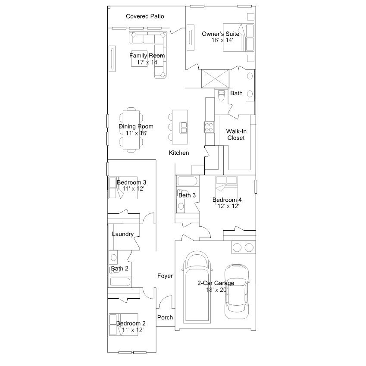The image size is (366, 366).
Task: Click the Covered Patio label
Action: click(x=145, y=16)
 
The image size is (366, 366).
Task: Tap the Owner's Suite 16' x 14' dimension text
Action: click(x=222, y=40)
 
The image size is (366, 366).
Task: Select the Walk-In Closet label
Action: click(x=236, y=135)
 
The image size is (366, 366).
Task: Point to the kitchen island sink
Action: click(x=184, y=128)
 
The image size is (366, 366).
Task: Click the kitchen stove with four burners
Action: click(x=209, y=127)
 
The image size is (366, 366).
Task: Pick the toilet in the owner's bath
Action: click(x=221, y=95)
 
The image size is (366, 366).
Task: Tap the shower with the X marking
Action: click(x=216, y=78)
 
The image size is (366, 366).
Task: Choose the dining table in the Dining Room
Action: click(x=131, y=130)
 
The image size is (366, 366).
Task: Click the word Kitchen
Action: click(x=179, y=153)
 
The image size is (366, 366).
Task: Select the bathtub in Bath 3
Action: click(x=187, y=181)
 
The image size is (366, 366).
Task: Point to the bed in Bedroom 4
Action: click(x=226, y=191)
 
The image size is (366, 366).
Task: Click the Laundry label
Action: click(x=123, y=234)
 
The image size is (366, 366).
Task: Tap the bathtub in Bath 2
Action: click(x=120, y=282)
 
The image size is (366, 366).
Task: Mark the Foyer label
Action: click(x=165, y=276)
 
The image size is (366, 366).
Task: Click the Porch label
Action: click(x=165, y=317)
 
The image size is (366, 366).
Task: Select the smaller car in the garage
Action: click(x=236, y=291)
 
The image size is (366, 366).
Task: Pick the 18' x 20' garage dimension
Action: click(x=217, y=290)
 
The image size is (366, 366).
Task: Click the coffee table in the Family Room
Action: click(x=139, y=59)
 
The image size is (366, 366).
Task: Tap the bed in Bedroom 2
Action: click(x=123, y=325)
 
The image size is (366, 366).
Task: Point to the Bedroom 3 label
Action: click(x=131, y=182)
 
